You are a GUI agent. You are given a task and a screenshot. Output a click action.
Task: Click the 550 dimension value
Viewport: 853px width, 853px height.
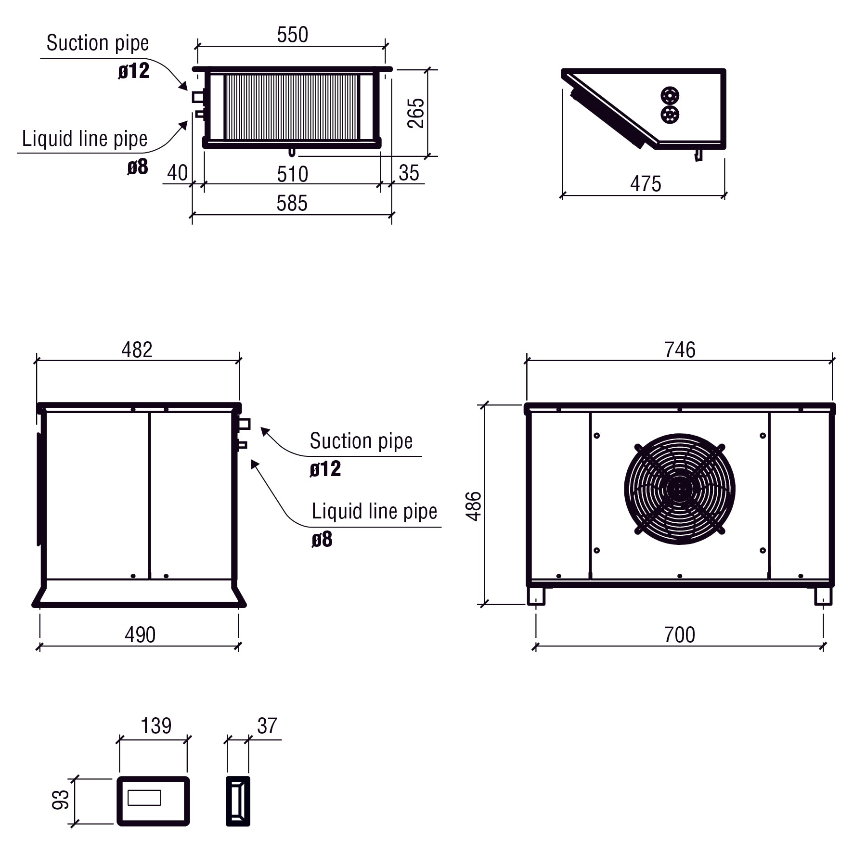292,35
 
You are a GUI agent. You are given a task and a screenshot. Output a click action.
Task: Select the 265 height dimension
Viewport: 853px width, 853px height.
416,113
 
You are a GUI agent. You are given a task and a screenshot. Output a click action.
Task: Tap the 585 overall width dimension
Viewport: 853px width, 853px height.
292,204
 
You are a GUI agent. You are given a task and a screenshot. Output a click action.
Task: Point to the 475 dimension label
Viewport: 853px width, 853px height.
646,184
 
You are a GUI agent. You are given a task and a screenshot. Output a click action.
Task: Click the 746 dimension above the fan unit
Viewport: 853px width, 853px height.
680,350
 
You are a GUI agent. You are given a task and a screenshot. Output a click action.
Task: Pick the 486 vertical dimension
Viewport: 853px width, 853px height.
474,506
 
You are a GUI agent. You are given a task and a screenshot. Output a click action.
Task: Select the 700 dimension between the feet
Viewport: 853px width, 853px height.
679,635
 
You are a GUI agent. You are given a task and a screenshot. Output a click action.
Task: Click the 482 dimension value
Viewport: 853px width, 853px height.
137,350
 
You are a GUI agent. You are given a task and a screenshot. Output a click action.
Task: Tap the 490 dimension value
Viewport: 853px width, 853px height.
140,635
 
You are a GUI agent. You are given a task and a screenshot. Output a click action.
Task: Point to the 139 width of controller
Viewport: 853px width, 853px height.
156,726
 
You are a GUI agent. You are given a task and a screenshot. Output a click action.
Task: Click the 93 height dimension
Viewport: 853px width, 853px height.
61,800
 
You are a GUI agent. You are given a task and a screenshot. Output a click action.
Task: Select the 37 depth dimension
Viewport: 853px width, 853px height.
267,726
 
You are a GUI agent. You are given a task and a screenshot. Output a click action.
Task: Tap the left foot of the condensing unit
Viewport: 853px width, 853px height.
536,596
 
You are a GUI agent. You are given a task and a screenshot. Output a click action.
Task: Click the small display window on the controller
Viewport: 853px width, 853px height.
144,798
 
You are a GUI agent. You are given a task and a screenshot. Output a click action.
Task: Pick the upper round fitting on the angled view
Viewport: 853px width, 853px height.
670,96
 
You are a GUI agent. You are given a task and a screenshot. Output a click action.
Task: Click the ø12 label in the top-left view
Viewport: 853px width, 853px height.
134,71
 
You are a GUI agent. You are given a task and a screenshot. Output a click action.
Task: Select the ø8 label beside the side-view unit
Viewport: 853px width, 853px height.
322,540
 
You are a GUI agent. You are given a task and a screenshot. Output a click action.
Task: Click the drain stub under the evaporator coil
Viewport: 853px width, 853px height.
292,153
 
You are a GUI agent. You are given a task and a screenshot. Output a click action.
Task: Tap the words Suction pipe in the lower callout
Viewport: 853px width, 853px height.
361,441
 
